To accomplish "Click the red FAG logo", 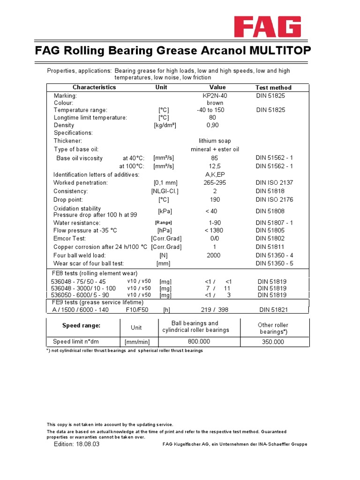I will [x=268, y=28].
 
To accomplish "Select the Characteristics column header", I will [x=94, y=87].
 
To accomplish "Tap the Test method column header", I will [x=273, y=88].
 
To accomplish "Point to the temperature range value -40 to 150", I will [x=210, y=110].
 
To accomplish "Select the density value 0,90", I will [x=212, y=125].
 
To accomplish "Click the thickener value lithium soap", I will [x=215, y=141].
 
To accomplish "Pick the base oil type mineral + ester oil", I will [x=215, y=150].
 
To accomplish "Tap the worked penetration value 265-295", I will [x=215, y=183].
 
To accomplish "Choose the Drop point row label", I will [x=67, y=200].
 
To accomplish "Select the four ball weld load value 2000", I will [x=213, y=255].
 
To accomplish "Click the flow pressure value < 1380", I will [x=214, y=231].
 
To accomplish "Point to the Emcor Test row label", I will [x=70, y=239].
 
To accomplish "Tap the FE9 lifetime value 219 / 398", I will [x=214, y=310].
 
